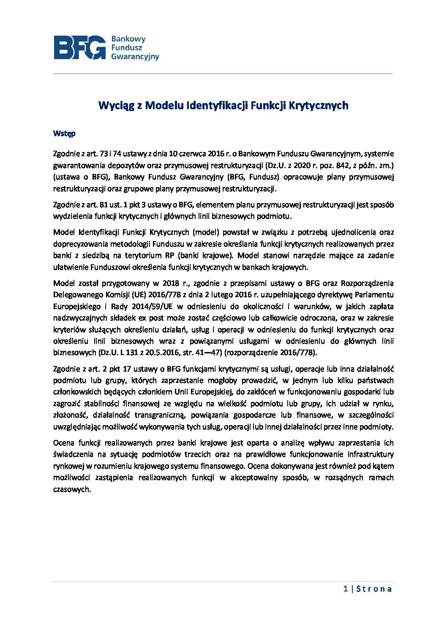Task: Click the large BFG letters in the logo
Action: click(79, 47)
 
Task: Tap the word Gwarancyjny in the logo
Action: click(135, 57)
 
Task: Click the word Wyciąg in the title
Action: click(115, 105)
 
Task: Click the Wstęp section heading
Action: click(64, 133)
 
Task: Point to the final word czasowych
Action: click(71, 490)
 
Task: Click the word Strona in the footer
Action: click(374, 589)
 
